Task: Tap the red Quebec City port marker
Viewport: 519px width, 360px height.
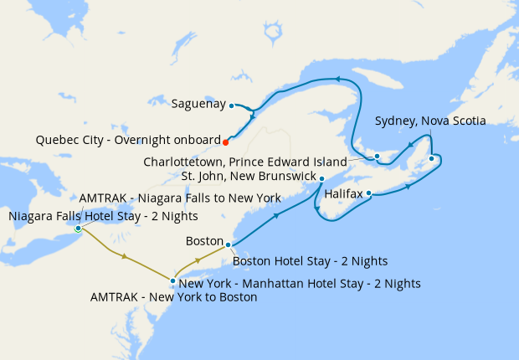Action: tap(226, 141)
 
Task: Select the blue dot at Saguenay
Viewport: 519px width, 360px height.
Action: tap(232, 105)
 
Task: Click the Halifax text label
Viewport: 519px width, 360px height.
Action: tap(343, 193)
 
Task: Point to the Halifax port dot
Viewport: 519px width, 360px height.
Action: tap(369, 196)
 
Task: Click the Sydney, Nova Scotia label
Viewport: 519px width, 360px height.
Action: tap(430, 121)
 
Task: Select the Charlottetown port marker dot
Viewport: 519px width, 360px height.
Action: tap(377, 156)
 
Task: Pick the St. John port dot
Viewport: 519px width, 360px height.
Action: tap(322, 177)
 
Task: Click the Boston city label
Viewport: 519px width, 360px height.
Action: tap(205, 241)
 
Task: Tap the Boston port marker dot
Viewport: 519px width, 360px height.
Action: tap(229, 245)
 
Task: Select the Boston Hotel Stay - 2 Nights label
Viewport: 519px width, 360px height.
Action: tap(310, 261)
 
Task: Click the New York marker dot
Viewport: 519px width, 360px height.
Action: tap(172, 281)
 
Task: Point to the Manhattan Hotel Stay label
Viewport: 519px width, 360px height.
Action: tap(300, 284)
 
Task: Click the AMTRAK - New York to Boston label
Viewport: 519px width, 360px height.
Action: tap(173, 297)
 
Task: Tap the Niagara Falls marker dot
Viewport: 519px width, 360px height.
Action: tap(78, 228)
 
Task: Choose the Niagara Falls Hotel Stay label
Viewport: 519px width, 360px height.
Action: tap(103, 216)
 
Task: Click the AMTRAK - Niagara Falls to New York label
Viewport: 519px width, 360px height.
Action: tap(179, 198)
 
